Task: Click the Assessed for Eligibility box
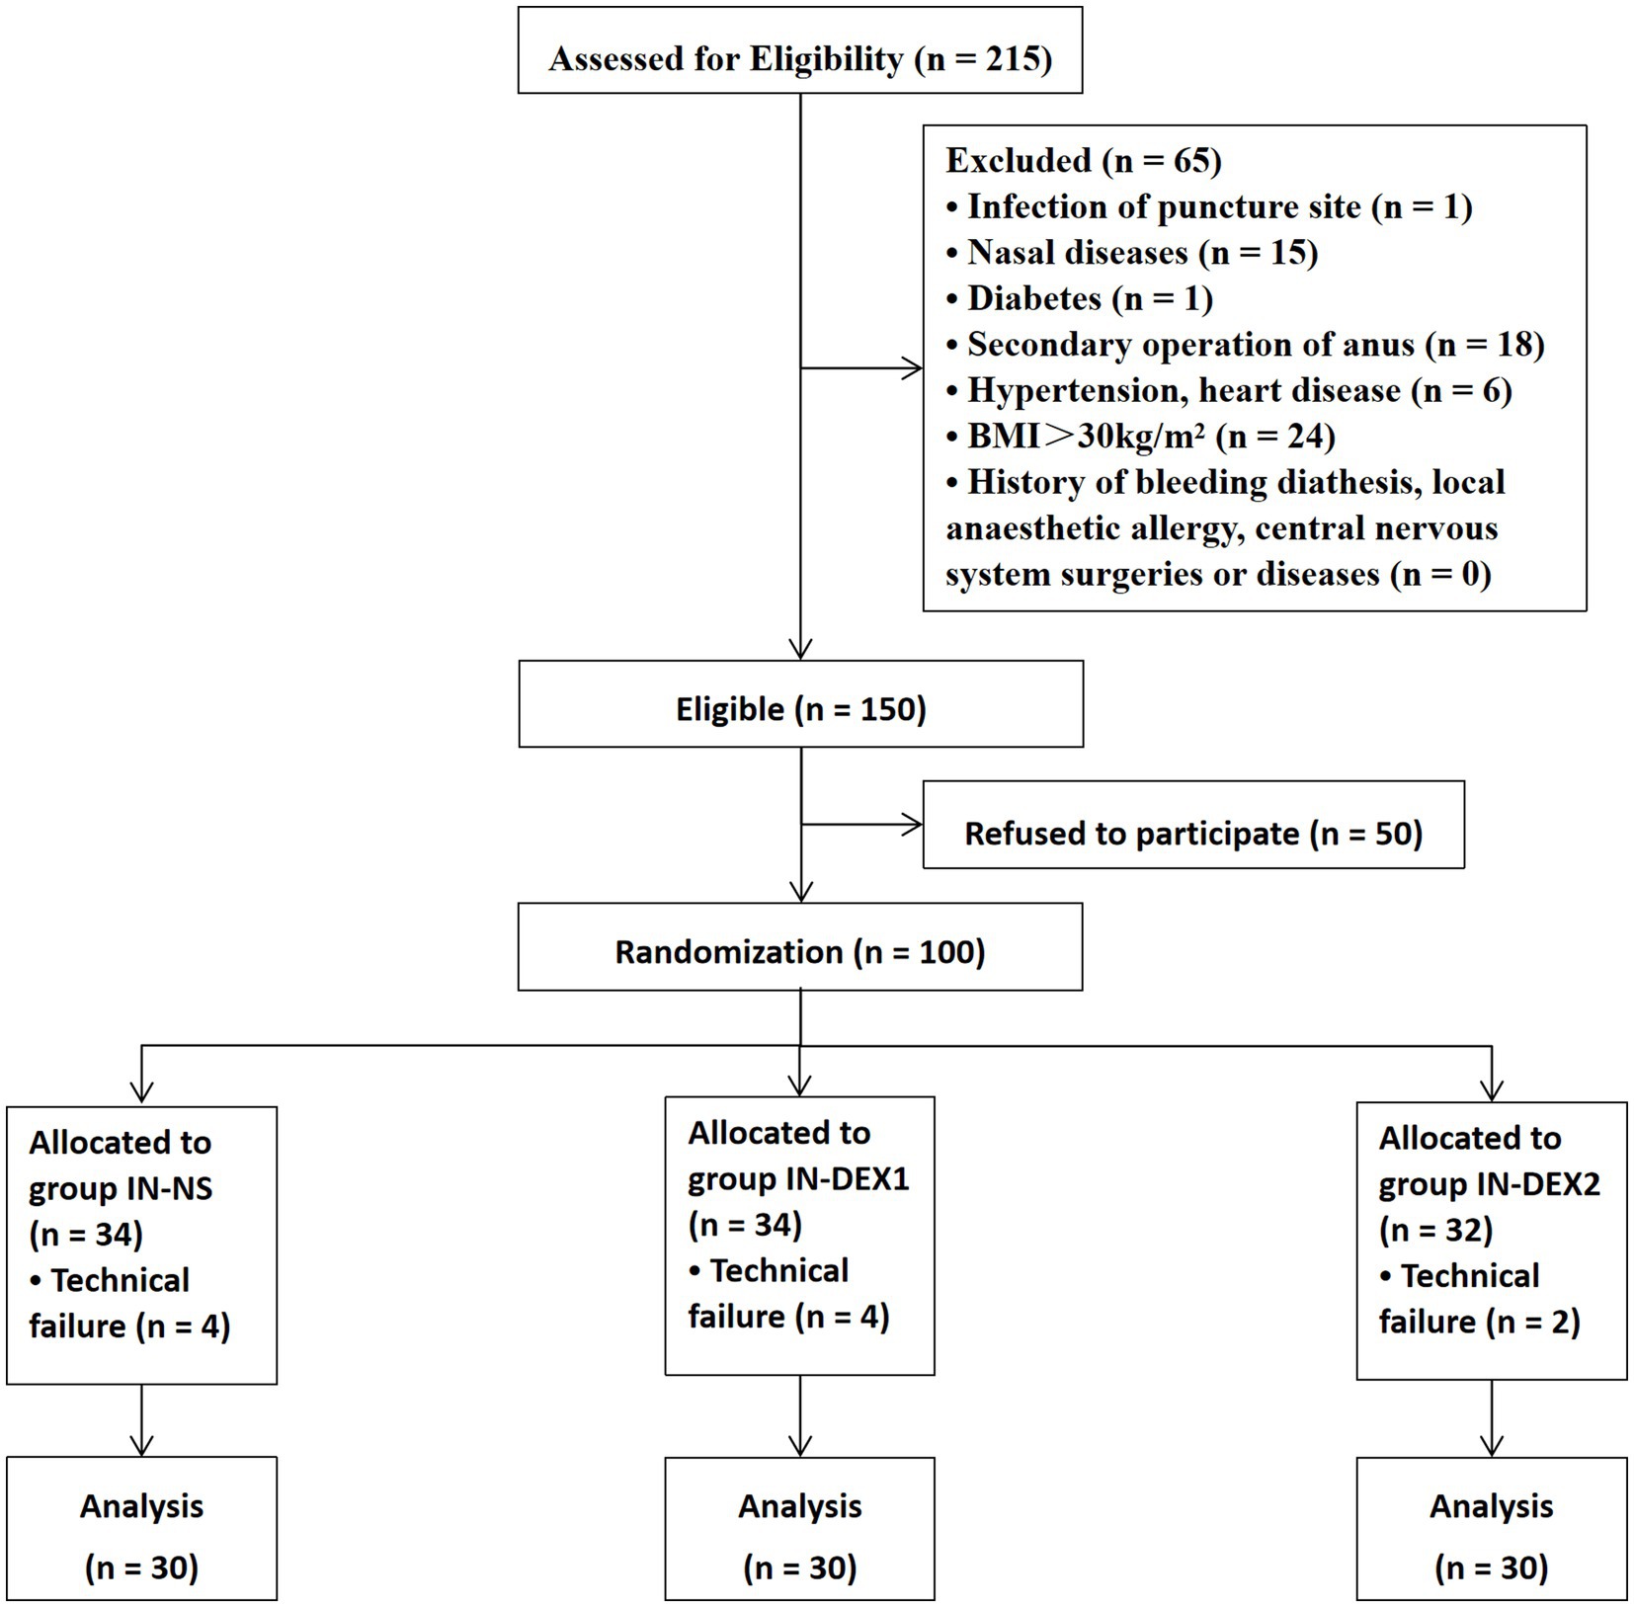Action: pos(800,50)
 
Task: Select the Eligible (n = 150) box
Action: pos(800,704)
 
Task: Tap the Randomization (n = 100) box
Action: pos(800,947)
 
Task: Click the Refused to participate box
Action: pos(1193,826)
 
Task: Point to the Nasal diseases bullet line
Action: pos(1132,253)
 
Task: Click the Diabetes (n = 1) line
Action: pos(1079,298)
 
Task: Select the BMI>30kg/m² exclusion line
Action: pos(1140,437)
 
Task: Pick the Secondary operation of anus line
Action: pos(1245,345)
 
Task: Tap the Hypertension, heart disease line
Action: pos(1229,391)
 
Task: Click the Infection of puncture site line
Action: pos(1209,206)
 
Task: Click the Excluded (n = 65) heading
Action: pos(1084,160)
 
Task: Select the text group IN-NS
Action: pos(121,1188)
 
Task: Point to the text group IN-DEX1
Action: pos(798,1178)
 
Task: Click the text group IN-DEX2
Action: pos(1489,1184)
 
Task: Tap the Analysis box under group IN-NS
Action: pos(141,1528)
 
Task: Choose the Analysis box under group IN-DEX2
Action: pos(1492,1528)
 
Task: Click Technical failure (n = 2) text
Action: pos(1479,1299)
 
